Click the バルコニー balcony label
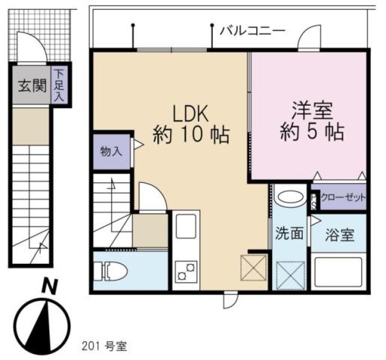click(252, 31)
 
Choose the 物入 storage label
click(111, 151)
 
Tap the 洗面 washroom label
click(289, 233)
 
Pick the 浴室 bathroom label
click(340, 234)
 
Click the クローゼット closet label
click(342, 198)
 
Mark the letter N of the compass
click(48, 286)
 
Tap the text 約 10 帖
click(190, 136)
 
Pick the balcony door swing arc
click(307, 39)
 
